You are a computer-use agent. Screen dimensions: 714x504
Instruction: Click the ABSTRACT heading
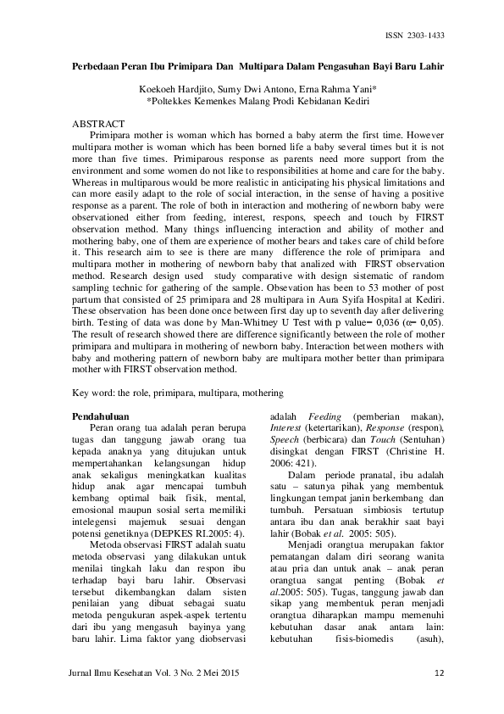[99, 124]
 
